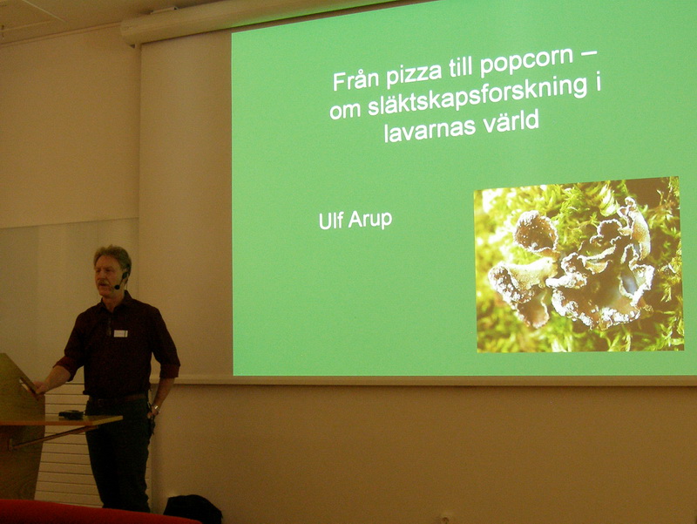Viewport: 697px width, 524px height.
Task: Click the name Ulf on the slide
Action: pos(331,221)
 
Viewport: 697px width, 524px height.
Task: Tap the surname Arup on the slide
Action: pos(369,220)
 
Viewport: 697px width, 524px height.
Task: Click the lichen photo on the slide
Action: pos(579,264)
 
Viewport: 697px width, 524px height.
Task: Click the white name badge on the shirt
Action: pos(120,333)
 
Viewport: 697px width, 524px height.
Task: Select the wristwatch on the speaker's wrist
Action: pos(156,407)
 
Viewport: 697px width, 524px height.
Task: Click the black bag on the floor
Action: pos(193,508)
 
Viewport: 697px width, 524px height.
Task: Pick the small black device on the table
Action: pos(71,414)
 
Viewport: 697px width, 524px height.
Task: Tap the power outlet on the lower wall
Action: pos(446,518)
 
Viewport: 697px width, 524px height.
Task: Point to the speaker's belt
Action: pos(118,398)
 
